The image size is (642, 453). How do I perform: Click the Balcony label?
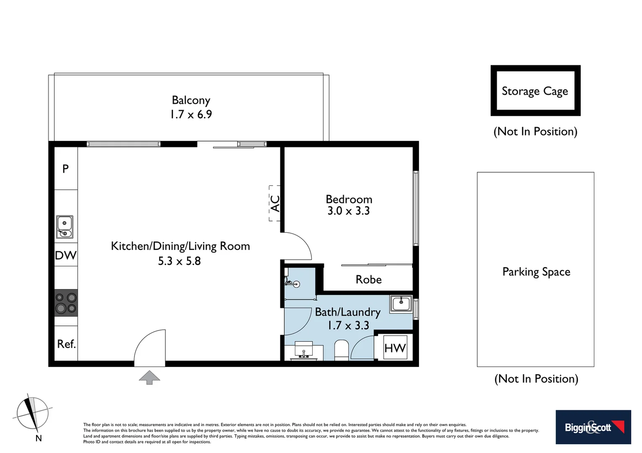(191, 100)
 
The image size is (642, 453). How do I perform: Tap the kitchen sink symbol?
(64, 227)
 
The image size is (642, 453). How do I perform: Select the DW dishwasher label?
(66, 255)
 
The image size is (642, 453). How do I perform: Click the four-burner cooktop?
(66, 303)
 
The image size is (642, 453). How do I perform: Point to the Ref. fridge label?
(66, 344)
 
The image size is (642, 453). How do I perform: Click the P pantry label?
(66, 169)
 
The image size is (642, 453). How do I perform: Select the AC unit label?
(275, 203)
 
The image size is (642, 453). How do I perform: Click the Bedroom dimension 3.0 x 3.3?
(348, 211)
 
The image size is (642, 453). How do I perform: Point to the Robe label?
(368, 280)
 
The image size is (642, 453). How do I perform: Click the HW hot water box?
(395, 348)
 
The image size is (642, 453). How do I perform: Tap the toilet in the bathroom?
(341, 350)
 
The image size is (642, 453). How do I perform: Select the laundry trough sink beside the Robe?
(401, 303)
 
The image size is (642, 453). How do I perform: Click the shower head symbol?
(296, 284)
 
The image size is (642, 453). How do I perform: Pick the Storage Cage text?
(534, 91)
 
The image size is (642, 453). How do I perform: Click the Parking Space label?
(536, 272)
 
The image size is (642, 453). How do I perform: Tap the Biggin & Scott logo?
(593, 427)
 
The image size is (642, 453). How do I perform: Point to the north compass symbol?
(33, 414)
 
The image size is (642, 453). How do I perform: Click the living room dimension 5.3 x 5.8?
(179, 261)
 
